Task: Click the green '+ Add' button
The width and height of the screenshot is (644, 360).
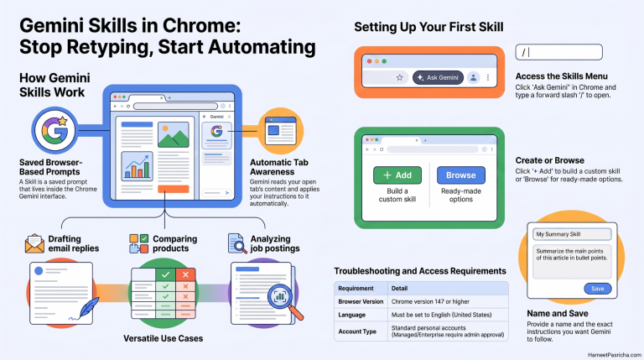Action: click(x=397, y=175)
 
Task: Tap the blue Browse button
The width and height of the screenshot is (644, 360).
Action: click(x=461, y=175)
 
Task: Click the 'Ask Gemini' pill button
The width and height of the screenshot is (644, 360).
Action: click(x=438, y=77)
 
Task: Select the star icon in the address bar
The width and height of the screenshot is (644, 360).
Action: click(x=399, y=77)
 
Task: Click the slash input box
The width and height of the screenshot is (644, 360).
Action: click(x=559, y=52)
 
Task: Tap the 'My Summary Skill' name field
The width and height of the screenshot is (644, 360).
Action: click(x=572, y=234)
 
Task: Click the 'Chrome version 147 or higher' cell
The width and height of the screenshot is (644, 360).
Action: click(x=430, y=301)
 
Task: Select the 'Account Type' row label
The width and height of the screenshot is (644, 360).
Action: click(x=357, y=331)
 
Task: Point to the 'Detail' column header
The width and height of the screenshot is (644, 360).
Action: click(x=399, y=289)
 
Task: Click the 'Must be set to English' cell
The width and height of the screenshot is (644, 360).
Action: click(x=441, y=315)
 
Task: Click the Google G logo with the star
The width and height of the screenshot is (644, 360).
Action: click(x=55, y=130)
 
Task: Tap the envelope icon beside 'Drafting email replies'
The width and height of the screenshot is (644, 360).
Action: click(x=34, y=243)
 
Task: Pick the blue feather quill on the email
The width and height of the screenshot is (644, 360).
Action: click(x=87, y=308)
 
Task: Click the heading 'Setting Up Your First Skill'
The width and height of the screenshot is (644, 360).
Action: click(x=428, y=27)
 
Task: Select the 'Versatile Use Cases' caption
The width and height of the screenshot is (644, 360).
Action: click(x=163, y=338)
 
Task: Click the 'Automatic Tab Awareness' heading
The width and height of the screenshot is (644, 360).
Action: click(x=279, y=167)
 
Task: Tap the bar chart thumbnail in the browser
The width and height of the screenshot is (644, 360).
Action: click(x=138, y=166)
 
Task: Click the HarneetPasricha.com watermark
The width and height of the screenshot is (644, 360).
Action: click(x=614, y=355)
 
